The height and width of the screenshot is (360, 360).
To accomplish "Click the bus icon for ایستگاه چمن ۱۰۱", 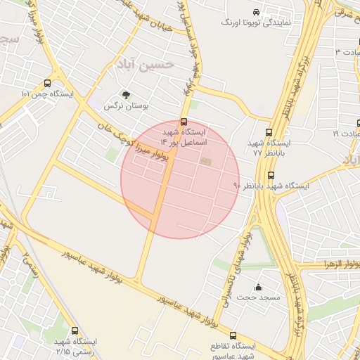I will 47,83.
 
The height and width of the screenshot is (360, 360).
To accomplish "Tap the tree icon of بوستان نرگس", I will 126,95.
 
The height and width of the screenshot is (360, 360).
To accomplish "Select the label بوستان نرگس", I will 127,106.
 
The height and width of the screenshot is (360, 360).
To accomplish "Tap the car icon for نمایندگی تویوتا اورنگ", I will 257,13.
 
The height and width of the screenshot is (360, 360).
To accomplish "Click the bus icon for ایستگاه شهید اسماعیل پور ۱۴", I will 184,121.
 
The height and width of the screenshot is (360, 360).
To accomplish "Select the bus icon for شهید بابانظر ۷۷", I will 269,131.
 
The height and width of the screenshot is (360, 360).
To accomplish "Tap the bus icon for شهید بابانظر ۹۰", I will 271,176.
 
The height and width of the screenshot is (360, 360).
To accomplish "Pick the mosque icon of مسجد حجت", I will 258,287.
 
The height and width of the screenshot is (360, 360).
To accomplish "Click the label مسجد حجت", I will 258,297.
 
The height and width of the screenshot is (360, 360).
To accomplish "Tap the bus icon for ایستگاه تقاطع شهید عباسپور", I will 233,336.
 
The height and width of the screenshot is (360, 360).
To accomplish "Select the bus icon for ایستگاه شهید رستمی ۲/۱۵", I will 76,330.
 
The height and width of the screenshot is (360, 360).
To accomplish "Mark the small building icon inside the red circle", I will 205,162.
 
